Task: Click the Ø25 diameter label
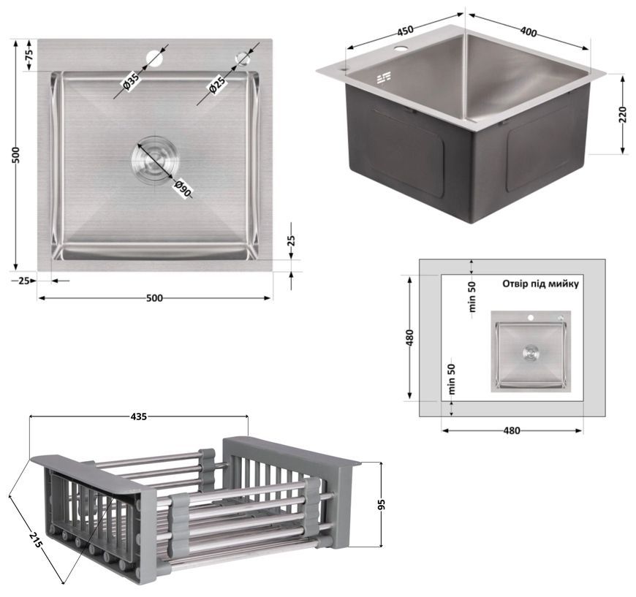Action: click(216, 86)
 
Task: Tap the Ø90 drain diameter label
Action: click(182, 189)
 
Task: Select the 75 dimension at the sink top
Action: click(29, 56)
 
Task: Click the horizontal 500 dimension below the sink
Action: click(154, 298)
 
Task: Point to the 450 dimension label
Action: click(404, 30)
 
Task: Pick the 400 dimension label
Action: click(528, 32)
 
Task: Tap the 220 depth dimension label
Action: click(624, 114)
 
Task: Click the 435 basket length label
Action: click(139, 417)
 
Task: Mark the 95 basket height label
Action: click(381, 504)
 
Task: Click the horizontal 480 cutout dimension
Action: click(512, 430)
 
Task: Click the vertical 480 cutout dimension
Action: click(409, 338)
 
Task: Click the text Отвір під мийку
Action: click(540, 284)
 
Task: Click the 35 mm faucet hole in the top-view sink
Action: click(154, 57)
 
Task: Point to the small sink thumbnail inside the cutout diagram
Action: click(531, 351)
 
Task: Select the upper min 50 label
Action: click(472, 297)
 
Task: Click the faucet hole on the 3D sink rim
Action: click(401, 50)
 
